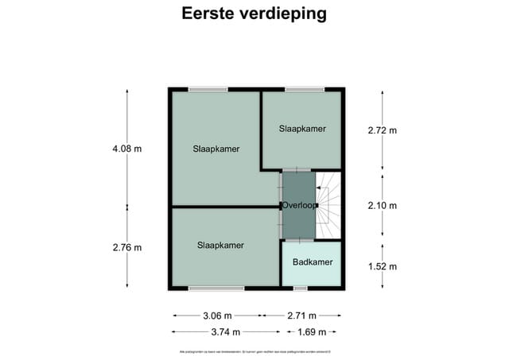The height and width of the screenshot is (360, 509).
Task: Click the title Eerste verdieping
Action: coord(254,14)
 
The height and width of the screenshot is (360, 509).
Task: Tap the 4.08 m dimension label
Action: coord(127,148)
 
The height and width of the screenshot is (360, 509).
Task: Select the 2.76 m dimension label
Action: coord(127,247)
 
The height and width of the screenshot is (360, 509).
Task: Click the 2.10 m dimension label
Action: coord(382,205)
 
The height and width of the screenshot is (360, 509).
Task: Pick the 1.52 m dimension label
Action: coord(382,266)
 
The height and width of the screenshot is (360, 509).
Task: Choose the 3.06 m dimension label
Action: coord(216,315)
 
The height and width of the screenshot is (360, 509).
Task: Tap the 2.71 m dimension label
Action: coord(301,315)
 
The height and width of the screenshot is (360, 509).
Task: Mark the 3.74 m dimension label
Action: coord(216,332)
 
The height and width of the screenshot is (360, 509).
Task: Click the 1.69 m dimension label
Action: coord(311,332)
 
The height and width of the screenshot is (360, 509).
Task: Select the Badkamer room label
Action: coord(313,262)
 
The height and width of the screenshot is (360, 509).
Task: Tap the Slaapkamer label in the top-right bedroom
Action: coord(302,128)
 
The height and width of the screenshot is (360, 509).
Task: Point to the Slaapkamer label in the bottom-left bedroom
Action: coord(220,245)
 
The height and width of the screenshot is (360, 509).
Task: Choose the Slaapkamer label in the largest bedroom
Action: coord(216,149)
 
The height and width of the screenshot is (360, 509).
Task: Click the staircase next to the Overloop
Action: coord(328,205)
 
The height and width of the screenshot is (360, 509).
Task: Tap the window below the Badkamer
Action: coord(300,289)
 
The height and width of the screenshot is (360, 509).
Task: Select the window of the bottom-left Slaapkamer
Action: coord(216,288)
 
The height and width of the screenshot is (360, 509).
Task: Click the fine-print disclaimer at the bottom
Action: coord(254,351)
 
